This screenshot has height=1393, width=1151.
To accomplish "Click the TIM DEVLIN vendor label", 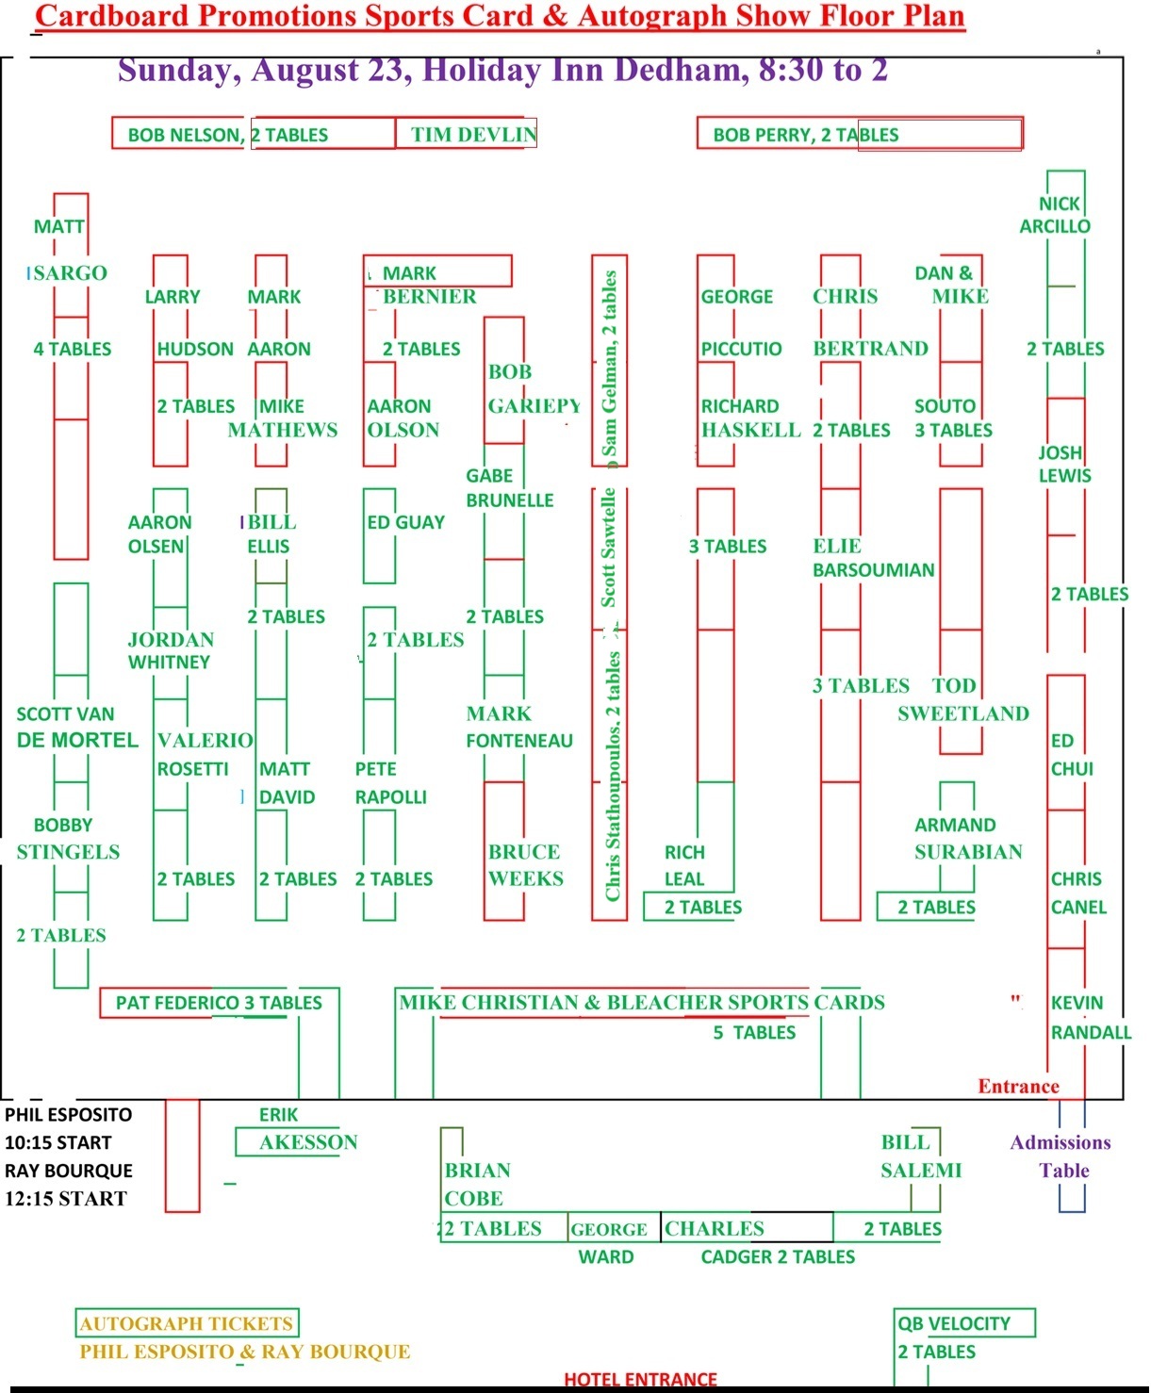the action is pyautogui.click(x=473, y=135).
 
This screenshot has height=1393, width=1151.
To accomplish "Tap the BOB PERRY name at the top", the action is pyautogui.click(x=763, y=135).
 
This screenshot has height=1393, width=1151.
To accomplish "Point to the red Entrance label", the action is pyautogui.click(x=1018, y=1086).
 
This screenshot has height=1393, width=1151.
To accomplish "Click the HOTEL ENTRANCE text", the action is pyautogui.click(x=640, y=1379).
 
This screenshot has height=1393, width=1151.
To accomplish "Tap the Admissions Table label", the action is pyautogui.click(x=1061, y=1156).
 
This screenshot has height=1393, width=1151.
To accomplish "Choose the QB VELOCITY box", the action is pyautogui.click(x=964, y=1323).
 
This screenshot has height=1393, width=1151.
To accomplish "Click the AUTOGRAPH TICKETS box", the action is pyautogui.click(x=187, y=1323).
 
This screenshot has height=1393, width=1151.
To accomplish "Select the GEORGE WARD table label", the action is pyautogui.click(x=608, y=1242).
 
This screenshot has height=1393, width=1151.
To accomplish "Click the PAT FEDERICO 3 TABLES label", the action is pyautogui.click(x=218, y=1003).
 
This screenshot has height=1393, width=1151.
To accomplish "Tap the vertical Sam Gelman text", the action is pyautogui.click(x=609, y=364).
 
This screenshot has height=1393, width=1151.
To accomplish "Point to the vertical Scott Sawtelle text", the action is pyautogui.click(x=608, y=548).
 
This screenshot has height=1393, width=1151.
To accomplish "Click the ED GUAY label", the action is pyautogui.click(x=405, y=522).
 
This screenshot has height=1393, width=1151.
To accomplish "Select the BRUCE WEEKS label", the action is pyautogui.click(x=526, y=865).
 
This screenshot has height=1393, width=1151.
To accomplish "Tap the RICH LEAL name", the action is pyautogui.click(x=684, y=865).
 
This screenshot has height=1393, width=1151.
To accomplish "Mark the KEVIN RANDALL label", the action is pyautogui.click(x=1091, y=1017).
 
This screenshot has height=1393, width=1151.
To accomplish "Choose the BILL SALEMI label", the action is pyautogui.click(x=921, y=1156).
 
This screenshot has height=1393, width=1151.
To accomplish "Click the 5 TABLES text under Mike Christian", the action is pyautogui.click(x=754, y=1033).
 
